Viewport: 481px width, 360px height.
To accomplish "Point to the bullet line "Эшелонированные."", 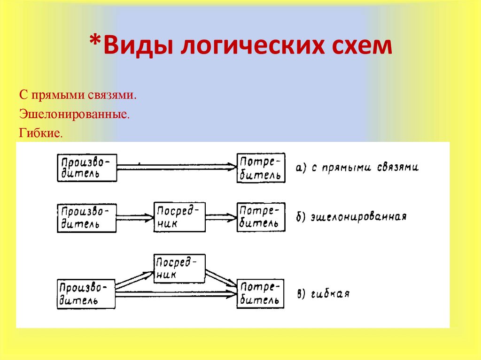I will [74, 114].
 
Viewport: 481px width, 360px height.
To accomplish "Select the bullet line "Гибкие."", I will [41, 133].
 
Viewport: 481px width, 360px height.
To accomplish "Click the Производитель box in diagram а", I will [87, 168].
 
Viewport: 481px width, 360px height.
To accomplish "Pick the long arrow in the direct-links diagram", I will [177, 167].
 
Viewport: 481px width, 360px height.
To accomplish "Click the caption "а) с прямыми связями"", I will [357, 168].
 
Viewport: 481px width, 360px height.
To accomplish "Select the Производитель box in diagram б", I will [87, 218].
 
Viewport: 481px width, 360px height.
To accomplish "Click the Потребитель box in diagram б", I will [261, 217].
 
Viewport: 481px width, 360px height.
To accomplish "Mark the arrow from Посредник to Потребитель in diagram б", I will [221, 217].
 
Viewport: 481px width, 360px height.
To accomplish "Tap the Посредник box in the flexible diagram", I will [179, 268].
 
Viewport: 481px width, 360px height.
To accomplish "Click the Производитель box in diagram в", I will [87, 294].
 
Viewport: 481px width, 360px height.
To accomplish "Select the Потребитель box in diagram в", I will [261, 294].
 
